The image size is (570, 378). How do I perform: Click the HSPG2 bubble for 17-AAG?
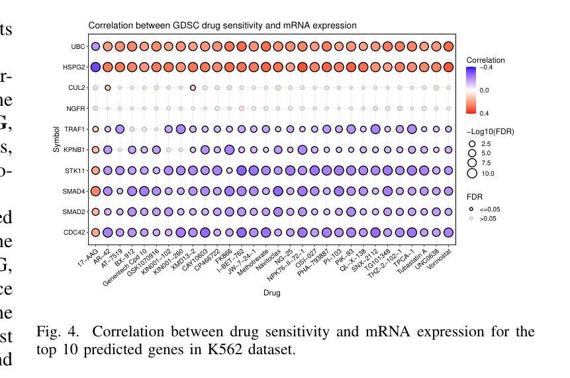click(95, 67)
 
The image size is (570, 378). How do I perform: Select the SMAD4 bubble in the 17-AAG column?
click(95, 191)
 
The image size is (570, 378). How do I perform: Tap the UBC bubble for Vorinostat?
click(448, 46)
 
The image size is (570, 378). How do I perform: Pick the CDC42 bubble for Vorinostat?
click(448, 232)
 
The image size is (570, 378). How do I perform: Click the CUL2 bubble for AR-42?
click(108, 88)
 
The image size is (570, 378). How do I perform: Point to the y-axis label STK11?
click(76, 170)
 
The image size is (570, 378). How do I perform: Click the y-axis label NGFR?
click(76, 108)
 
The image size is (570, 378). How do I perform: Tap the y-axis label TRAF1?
click(75, 130)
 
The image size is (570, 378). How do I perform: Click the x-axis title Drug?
click(271, 293)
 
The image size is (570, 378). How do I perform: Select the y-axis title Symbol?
click(57, 139)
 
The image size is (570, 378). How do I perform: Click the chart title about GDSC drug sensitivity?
click(222, 26)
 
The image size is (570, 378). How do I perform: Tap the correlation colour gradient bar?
click(471, 90)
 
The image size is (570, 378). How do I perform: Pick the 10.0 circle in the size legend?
click(472, 174)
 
